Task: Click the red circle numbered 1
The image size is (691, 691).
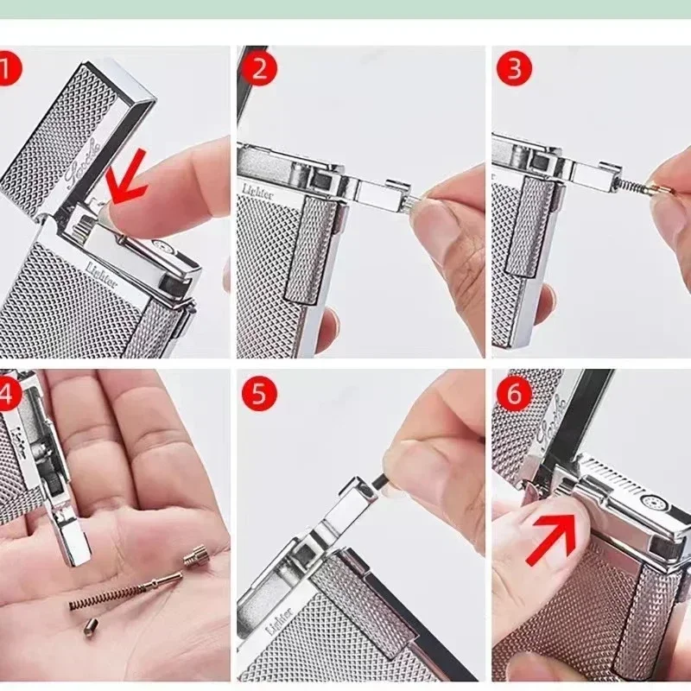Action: point(7,69)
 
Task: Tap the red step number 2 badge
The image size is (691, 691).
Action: point(258,68)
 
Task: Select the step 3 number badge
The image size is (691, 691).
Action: point(514,68)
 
